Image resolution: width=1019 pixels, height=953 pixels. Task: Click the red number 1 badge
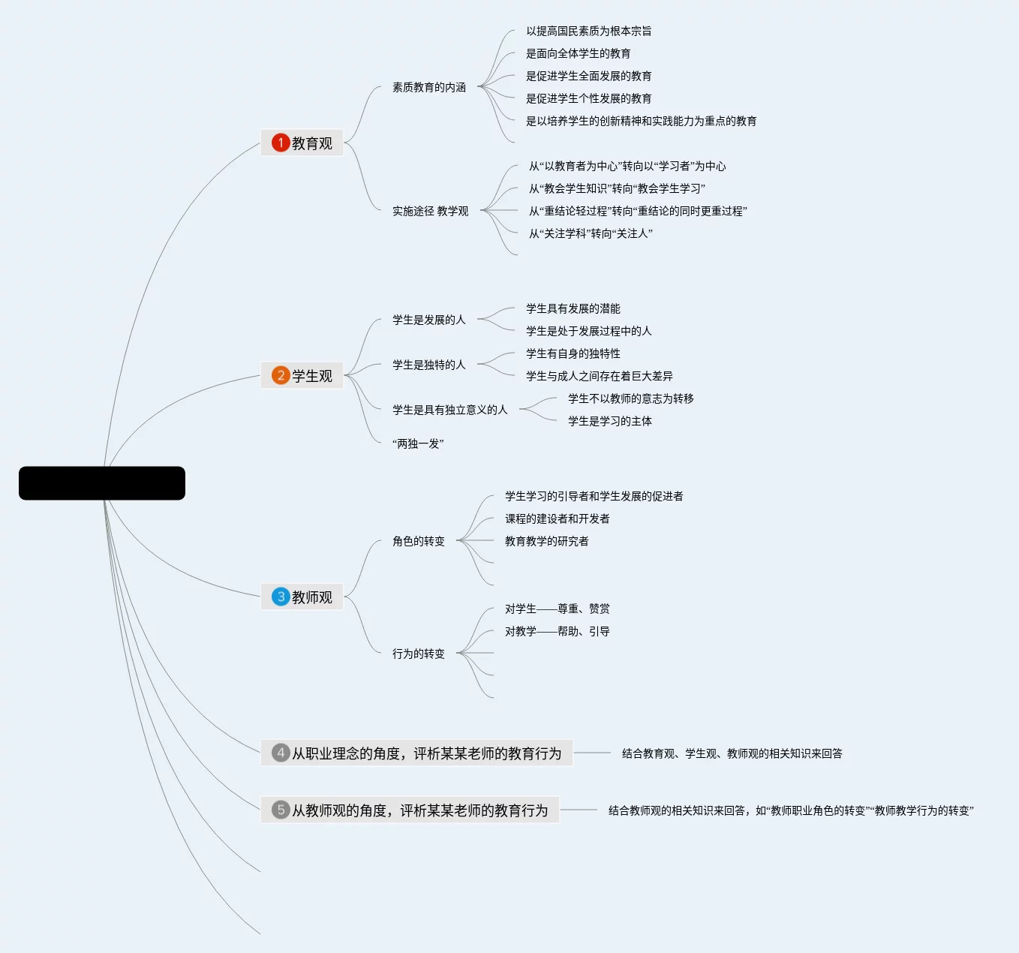tap(281, 143)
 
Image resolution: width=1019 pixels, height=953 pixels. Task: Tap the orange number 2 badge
tap(281, 375)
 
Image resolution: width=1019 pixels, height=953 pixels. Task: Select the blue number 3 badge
tap(281, 597)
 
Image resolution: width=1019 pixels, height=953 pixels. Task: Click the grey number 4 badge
tap(281, 753)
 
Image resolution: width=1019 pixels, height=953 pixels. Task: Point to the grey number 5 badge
tap(281, 810)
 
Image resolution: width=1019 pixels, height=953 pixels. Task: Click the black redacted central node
tap(102, 483)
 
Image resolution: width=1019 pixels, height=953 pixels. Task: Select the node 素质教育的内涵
tap(429, 87)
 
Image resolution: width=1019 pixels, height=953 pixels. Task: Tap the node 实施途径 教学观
tap(430, 211)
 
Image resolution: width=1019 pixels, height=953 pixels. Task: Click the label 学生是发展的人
tap(429, 320)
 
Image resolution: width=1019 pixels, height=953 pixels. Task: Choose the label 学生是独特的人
tap(429, 365)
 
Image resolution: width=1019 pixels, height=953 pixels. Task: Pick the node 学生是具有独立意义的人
tap(450, 410)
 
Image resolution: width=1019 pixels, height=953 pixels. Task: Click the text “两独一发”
tap(418, 443)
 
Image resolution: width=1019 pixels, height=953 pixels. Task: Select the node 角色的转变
tap(419, 541)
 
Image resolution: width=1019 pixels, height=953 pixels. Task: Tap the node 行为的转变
tap(419, 654)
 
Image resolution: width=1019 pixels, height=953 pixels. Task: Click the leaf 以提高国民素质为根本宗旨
tap(589, 31)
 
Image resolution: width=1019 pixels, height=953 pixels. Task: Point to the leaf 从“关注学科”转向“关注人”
tap(591, 233)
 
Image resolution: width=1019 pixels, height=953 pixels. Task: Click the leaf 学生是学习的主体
tap(610, 421)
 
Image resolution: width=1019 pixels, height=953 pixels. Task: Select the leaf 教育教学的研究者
tap(547, 541)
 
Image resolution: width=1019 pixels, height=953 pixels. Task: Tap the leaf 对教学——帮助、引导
tap(558, 631)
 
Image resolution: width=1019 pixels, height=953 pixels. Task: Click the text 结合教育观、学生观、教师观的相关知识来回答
tap(732, 753)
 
